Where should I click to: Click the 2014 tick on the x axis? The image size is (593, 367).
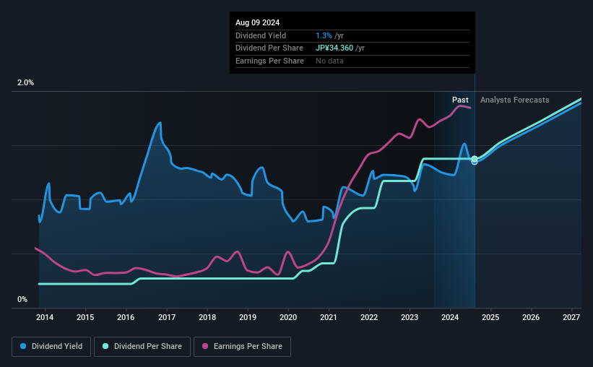coord(45,317)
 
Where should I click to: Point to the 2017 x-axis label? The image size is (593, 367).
coord(167,317)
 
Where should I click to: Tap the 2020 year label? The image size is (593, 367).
coord(288,317)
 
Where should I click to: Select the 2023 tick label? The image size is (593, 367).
coord(410,317)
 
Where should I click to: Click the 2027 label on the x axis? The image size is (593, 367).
coord(571,317)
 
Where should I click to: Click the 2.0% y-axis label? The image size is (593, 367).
coord(25,83)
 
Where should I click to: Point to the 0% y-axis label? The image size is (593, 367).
coord(22,299)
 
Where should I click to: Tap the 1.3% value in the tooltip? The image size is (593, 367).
coord(324,35)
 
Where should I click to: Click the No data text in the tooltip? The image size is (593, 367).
coord(330,61)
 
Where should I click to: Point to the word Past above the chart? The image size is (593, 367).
coord(460,100)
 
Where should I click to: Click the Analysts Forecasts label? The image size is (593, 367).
coord(514,100)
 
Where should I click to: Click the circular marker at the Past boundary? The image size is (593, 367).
coord(475,160)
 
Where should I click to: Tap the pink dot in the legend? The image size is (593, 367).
coord(205,347)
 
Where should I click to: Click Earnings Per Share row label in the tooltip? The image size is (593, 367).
coord(269,61)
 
